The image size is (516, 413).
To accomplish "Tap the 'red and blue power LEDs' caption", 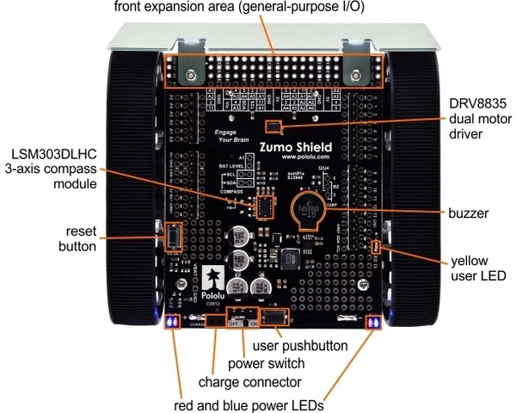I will point(249,401).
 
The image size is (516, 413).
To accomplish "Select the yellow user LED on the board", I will point(376,250).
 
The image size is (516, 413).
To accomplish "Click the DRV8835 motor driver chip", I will point(273,127).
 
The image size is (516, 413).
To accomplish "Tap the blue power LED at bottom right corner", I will point(374,323).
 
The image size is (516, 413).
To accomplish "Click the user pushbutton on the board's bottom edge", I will point(273,319).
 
